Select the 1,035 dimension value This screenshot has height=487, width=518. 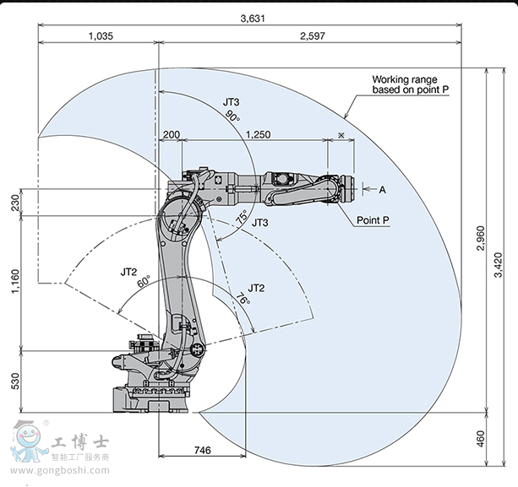click(x=100, y=36)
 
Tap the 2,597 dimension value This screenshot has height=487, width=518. click(x=312, y=36)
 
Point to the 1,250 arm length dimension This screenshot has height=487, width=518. click(x=258, y=134)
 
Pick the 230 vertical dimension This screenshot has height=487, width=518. click(x=14, y=203)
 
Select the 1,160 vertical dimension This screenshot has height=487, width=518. click(x=14, y=281)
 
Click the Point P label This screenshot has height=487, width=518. click(x=373, y=220)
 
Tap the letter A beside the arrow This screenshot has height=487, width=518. click(x=382, y=190)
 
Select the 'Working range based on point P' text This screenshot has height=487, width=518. click(x=410, y=84)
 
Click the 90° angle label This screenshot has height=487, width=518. click(x=232, y=117)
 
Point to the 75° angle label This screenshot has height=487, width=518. click(x=241, y=217)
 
